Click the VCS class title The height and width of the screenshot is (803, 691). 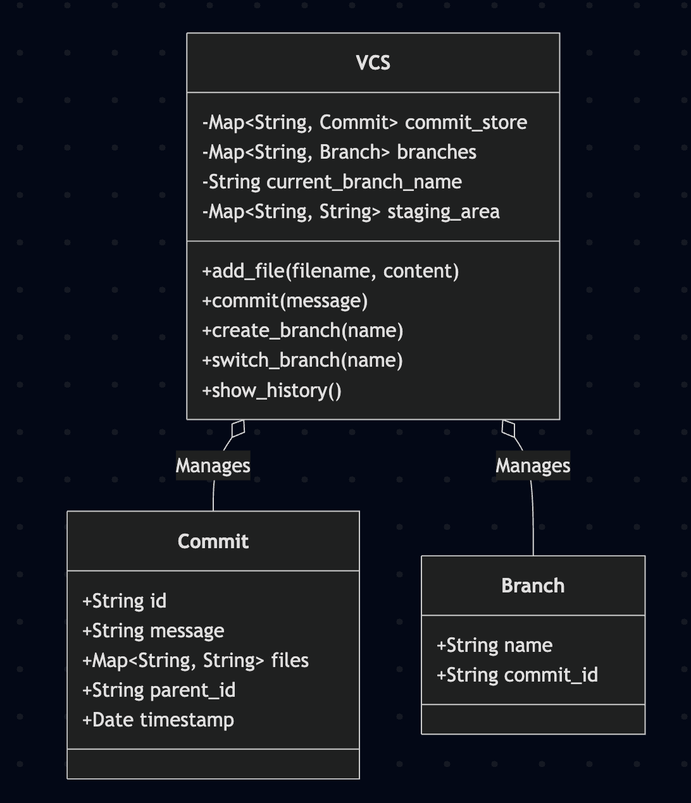[x=373, y=63]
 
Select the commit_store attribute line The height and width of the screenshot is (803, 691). [x=364, y=122]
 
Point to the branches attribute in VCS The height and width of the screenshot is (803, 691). [x=339, y=152]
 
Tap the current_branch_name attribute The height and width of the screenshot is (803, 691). [x=332, y=181]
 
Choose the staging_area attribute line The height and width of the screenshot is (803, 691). [x=351, y=211]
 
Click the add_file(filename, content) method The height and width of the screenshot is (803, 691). [x=330, y=271]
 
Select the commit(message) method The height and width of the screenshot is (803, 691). [x=285, y=300]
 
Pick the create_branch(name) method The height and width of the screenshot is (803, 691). [x=302, y=330]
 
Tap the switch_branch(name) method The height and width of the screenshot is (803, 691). [x=302, y=360]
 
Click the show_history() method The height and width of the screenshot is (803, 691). [x=272, y=390]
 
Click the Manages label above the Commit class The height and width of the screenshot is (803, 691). [x=213, y=465]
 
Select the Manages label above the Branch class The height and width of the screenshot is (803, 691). [x=533, y=465]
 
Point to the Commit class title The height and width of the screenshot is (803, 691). [x=213, y=541]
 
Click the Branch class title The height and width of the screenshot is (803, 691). [x=533, y=585]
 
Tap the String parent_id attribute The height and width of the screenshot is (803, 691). [x=159, y=690]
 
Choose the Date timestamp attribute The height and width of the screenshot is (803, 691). [x=158, y=720]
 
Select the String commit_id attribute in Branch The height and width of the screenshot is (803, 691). [x=517, y=675]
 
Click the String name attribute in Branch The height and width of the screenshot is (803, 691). [x=494, y=645]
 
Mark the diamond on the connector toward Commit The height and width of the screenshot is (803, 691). [x=238, y=428]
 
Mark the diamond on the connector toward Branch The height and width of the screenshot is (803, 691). [x=508, y=428]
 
